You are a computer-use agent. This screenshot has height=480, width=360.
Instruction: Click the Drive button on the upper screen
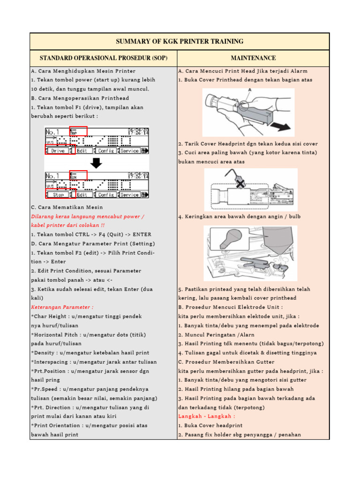click(x=58, y=151)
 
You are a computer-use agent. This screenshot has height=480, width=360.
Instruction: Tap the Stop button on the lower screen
click(x=58, y=195)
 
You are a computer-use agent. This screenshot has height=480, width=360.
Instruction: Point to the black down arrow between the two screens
click(x=97, y=163)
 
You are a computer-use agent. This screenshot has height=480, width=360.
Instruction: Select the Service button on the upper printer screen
click(x=129, y=151)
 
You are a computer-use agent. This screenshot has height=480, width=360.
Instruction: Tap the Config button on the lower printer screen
click(x=106, y=195)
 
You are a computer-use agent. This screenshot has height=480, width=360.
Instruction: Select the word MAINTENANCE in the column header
click(x=253, y=58)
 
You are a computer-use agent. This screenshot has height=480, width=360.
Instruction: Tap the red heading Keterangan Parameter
click(x=62, y=307)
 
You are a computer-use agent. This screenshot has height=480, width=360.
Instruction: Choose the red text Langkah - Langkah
click(x=206, y=416)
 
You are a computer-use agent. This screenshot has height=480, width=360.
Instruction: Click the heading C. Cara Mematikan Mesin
click(x=67, y=207)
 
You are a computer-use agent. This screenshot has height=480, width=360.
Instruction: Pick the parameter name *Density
click(x=45, y=352)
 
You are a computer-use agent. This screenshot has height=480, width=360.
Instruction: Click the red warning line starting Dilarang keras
click(x=87, y=217)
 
